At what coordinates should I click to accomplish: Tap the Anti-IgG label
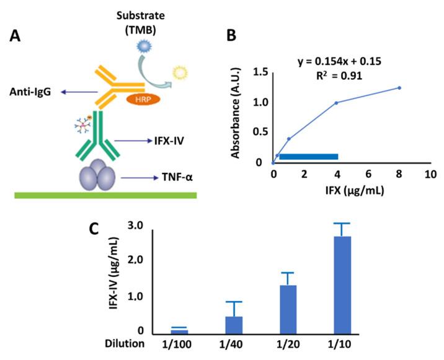click(x=30, y=93)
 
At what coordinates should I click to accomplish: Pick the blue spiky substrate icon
click(x=143, y=45)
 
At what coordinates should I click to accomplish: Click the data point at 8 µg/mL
click(x=399, y=88)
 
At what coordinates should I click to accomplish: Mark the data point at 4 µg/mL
click(x=336, y=103)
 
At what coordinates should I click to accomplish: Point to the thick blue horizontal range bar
click(x=308, y=156)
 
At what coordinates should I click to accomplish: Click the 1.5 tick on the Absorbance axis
click(x=260, y=73)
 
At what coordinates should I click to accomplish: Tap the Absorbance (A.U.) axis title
click(x=236, y=114)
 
